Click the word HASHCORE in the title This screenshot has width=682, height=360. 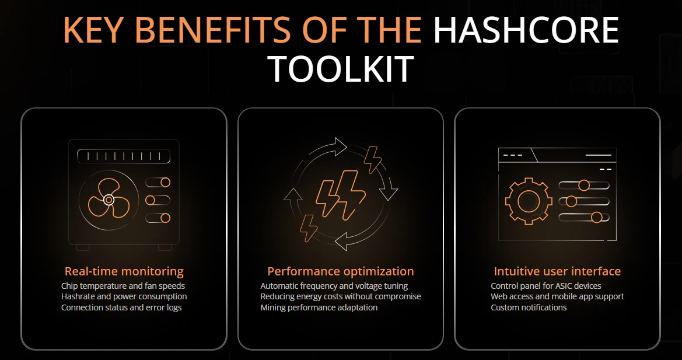coord(526,30)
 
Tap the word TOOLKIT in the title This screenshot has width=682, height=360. coord(341,69)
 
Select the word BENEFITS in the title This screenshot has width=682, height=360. coord(213,30)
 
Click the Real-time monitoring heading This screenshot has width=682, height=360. coord(124,272)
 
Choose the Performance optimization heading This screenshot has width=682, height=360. coord(341,272)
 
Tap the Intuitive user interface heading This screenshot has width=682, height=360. coord(557,272)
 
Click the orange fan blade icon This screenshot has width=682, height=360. coord(109,200)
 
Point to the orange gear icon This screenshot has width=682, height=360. coord(529,201)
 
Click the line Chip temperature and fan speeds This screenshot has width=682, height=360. coord(123,286)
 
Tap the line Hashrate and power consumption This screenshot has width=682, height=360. coord(124,296)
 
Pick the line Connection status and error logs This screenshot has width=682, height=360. coord(121,307)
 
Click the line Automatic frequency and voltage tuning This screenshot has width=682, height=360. coord(334,286)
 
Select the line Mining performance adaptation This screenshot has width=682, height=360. coord(319,307)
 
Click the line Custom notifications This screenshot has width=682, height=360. coord(529,307)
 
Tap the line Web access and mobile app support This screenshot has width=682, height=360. coord(557,296)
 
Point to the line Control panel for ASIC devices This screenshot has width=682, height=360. coord(546,286)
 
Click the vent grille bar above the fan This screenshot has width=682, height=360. coord(124,156)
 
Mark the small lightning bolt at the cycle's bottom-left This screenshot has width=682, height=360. coord(309,228)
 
